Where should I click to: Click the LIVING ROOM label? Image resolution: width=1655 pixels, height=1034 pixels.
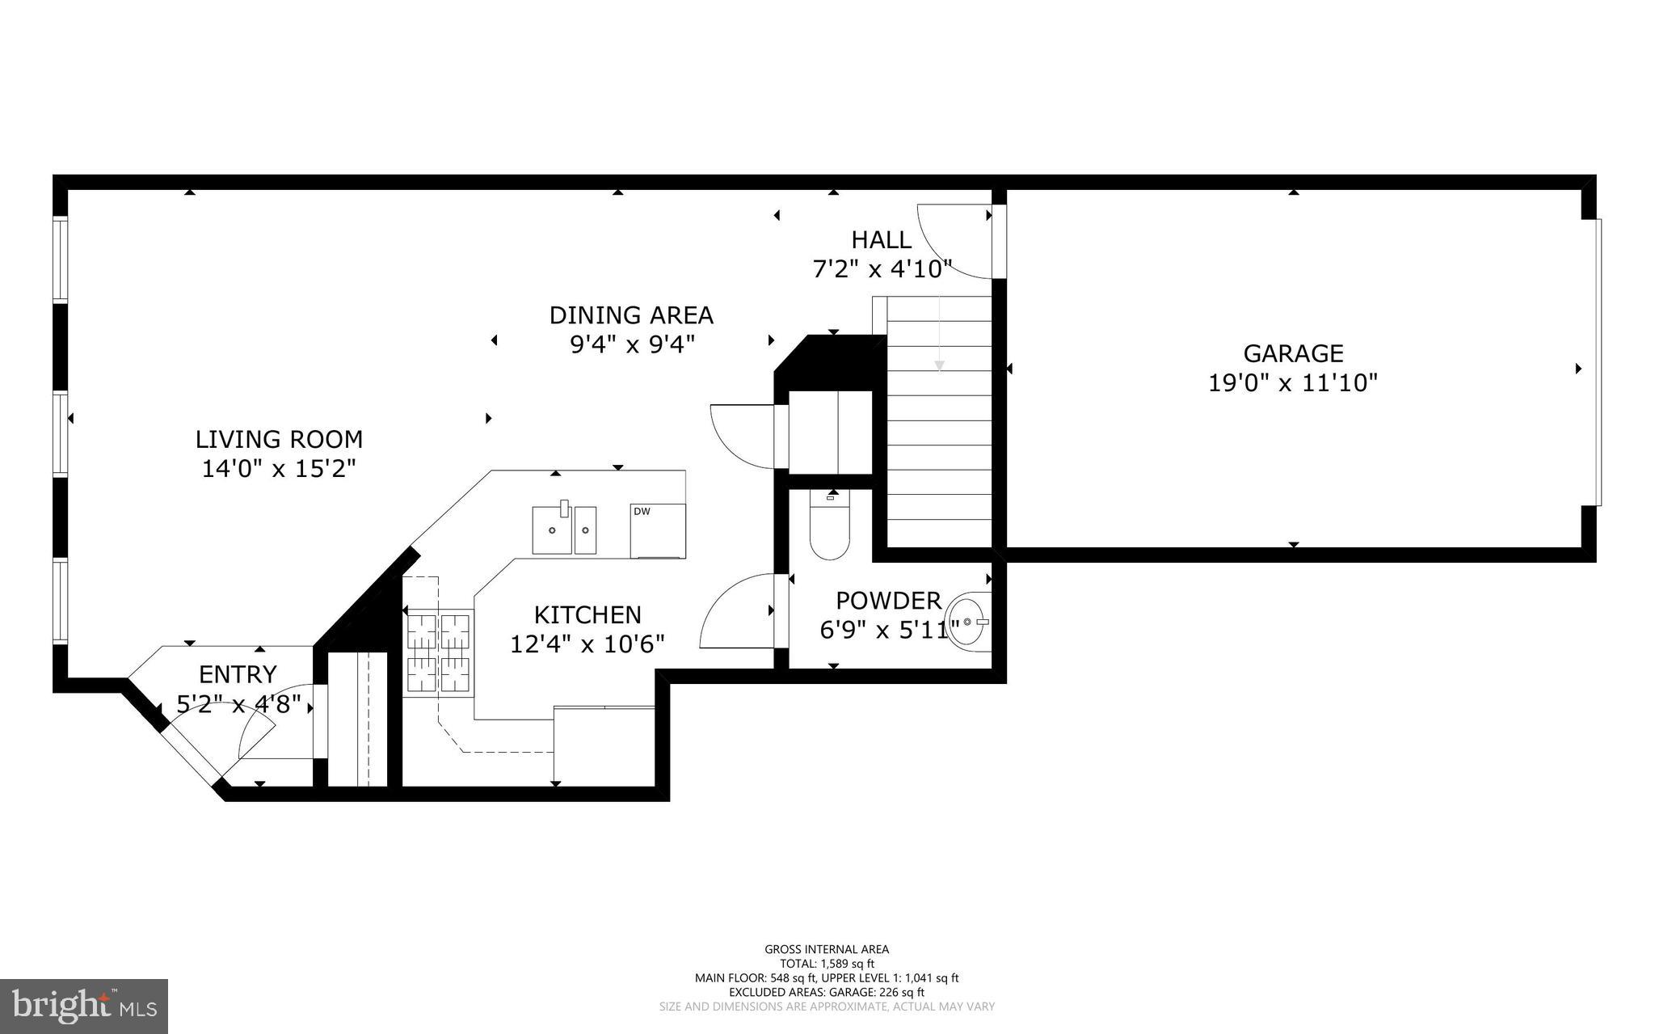279,440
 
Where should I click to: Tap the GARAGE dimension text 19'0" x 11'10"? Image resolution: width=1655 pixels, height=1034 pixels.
1292,382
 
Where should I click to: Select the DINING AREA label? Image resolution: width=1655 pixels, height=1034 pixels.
631,314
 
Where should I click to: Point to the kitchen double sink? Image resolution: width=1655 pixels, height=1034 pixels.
564,530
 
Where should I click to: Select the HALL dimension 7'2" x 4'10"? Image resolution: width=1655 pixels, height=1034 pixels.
882,268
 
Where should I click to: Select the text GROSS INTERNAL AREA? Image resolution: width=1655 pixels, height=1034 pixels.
827,949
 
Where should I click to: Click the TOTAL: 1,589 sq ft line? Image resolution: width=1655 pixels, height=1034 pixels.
827,964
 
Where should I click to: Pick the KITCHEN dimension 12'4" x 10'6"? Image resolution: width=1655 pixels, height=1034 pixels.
587,644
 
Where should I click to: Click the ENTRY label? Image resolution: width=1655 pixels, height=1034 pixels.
238,674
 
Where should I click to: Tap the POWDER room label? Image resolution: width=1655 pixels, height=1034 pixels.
888,601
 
